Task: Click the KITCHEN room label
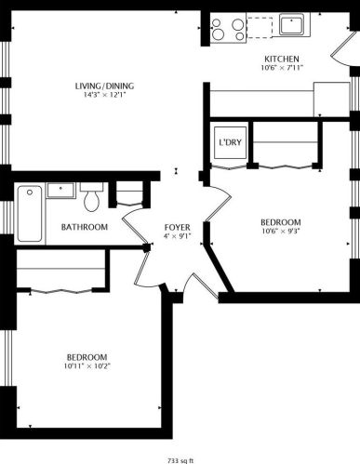tap(282, 58)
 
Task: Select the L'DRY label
tap(228, 143)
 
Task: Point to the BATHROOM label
tap(84, 227)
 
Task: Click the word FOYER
tap(177, 227)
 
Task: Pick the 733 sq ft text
tap(180, 459)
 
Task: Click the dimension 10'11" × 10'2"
tap(87, 366)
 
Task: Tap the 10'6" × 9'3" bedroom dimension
tap(280, 232)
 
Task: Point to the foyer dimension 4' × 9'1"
tap(177, 236)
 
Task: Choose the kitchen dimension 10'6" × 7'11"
tap(282, 68)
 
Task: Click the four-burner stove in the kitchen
tap(226, 28)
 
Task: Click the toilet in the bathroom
tap(91, 198)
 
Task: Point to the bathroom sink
tap(63, 190)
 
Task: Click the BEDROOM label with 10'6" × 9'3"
tap(280, 222)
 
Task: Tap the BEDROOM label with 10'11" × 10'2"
tap(87, 356)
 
